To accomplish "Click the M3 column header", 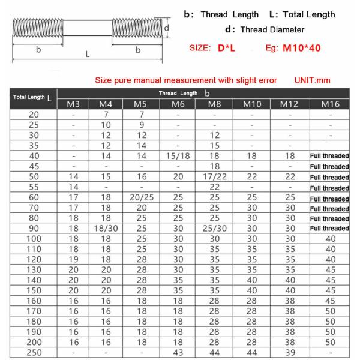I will (x=73, y=105).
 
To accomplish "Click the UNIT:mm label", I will (x=313, y=80).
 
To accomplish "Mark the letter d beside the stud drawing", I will (x=168, y=28).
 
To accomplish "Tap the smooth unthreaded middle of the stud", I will (x=88, y=28).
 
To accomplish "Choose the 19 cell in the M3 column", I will (x=73, y=259).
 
